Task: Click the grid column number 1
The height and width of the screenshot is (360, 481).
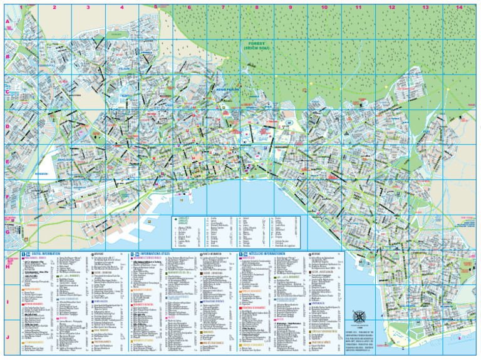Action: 21,8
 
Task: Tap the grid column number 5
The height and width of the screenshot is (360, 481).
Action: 155,8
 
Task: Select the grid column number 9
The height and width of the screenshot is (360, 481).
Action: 291,8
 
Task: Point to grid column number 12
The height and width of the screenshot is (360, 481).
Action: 391,8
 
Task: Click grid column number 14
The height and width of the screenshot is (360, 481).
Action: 459,8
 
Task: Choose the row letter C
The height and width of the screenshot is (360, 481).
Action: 8,92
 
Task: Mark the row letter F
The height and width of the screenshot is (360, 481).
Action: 8,197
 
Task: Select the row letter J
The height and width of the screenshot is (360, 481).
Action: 8,337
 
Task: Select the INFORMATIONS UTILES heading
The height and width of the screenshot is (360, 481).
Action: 156,254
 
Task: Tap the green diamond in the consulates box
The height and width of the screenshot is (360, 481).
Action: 176,220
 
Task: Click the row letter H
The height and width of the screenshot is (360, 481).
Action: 8,267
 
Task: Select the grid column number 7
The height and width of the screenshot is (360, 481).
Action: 223,8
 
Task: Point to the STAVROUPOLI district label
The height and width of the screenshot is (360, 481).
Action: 47,64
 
